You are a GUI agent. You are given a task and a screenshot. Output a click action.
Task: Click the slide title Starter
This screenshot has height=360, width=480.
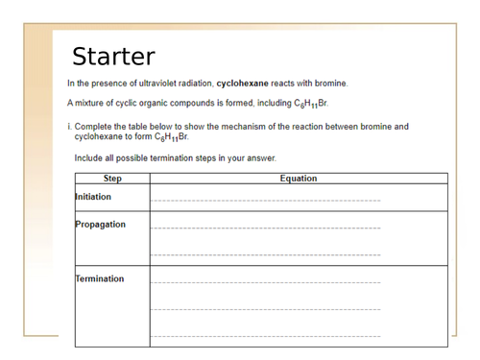113,56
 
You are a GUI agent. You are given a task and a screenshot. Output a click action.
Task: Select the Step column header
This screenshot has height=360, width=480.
112,179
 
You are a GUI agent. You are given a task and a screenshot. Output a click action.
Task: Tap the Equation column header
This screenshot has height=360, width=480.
298,179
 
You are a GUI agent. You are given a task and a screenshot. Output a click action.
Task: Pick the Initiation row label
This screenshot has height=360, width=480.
94,197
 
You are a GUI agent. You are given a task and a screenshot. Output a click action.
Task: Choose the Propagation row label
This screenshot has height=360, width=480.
100,225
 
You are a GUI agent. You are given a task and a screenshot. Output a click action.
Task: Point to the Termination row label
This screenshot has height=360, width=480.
100,279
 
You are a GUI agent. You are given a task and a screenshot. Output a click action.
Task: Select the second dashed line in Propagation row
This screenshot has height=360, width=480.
265,255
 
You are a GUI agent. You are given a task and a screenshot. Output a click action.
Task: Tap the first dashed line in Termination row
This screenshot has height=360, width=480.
265,283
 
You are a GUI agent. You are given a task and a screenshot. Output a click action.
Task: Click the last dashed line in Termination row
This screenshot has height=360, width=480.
265,337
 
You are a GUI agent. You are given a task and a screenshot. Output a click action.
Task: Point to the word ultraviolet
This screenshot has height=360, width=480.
153,84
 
